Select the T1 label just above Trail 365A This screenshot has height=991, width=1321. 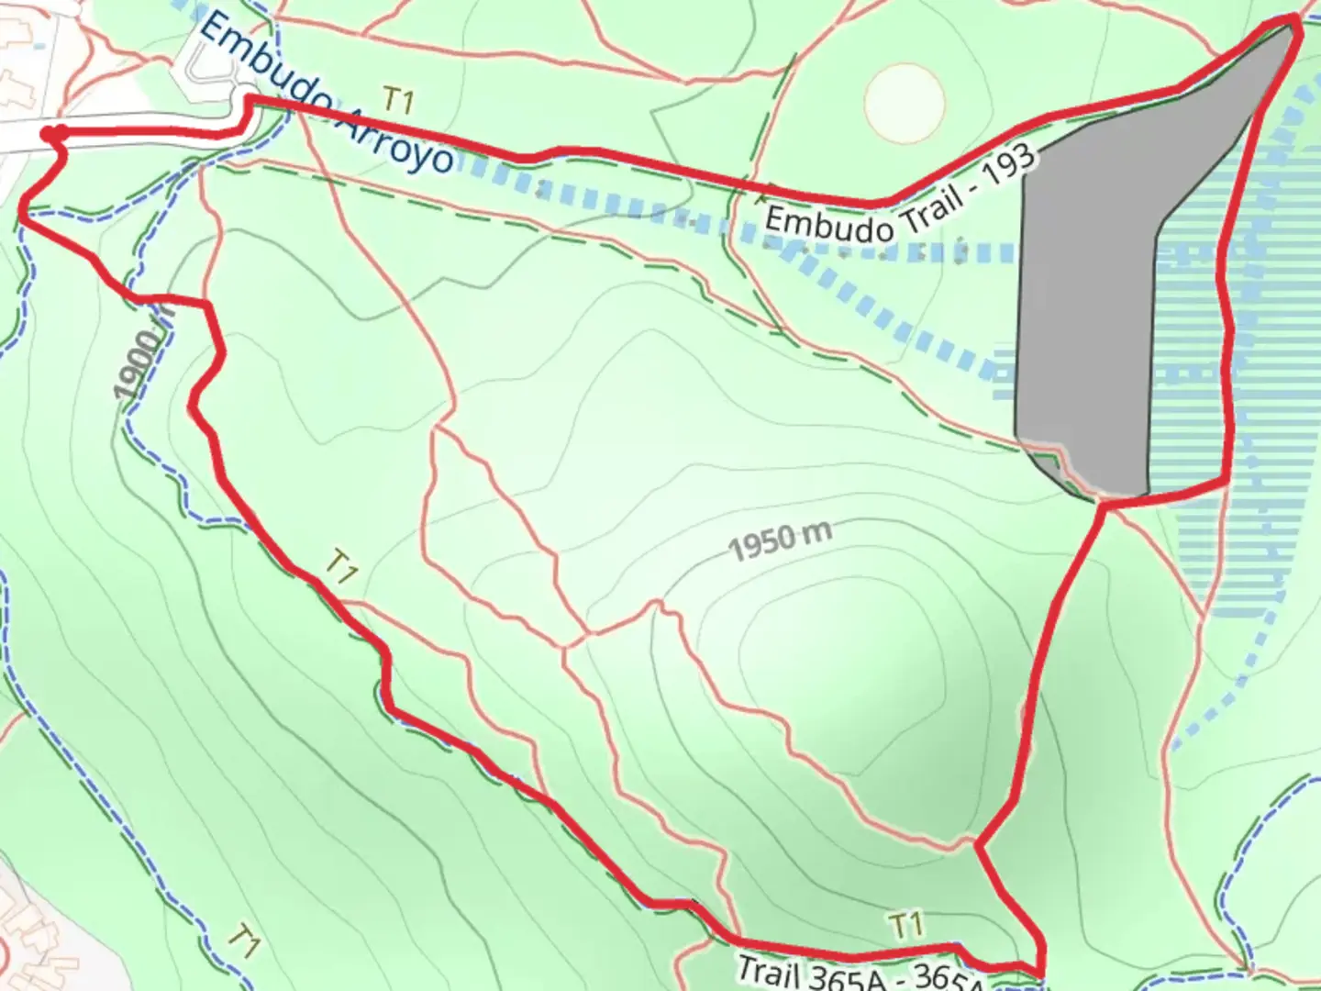pos(905,925)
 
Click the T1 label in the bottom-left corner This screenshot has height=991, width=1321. pos(243,940)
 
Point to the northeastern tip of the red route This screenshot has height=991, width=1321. pos(1296,20)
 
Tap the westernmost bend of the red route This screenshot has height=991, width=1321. pos(22,214)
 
